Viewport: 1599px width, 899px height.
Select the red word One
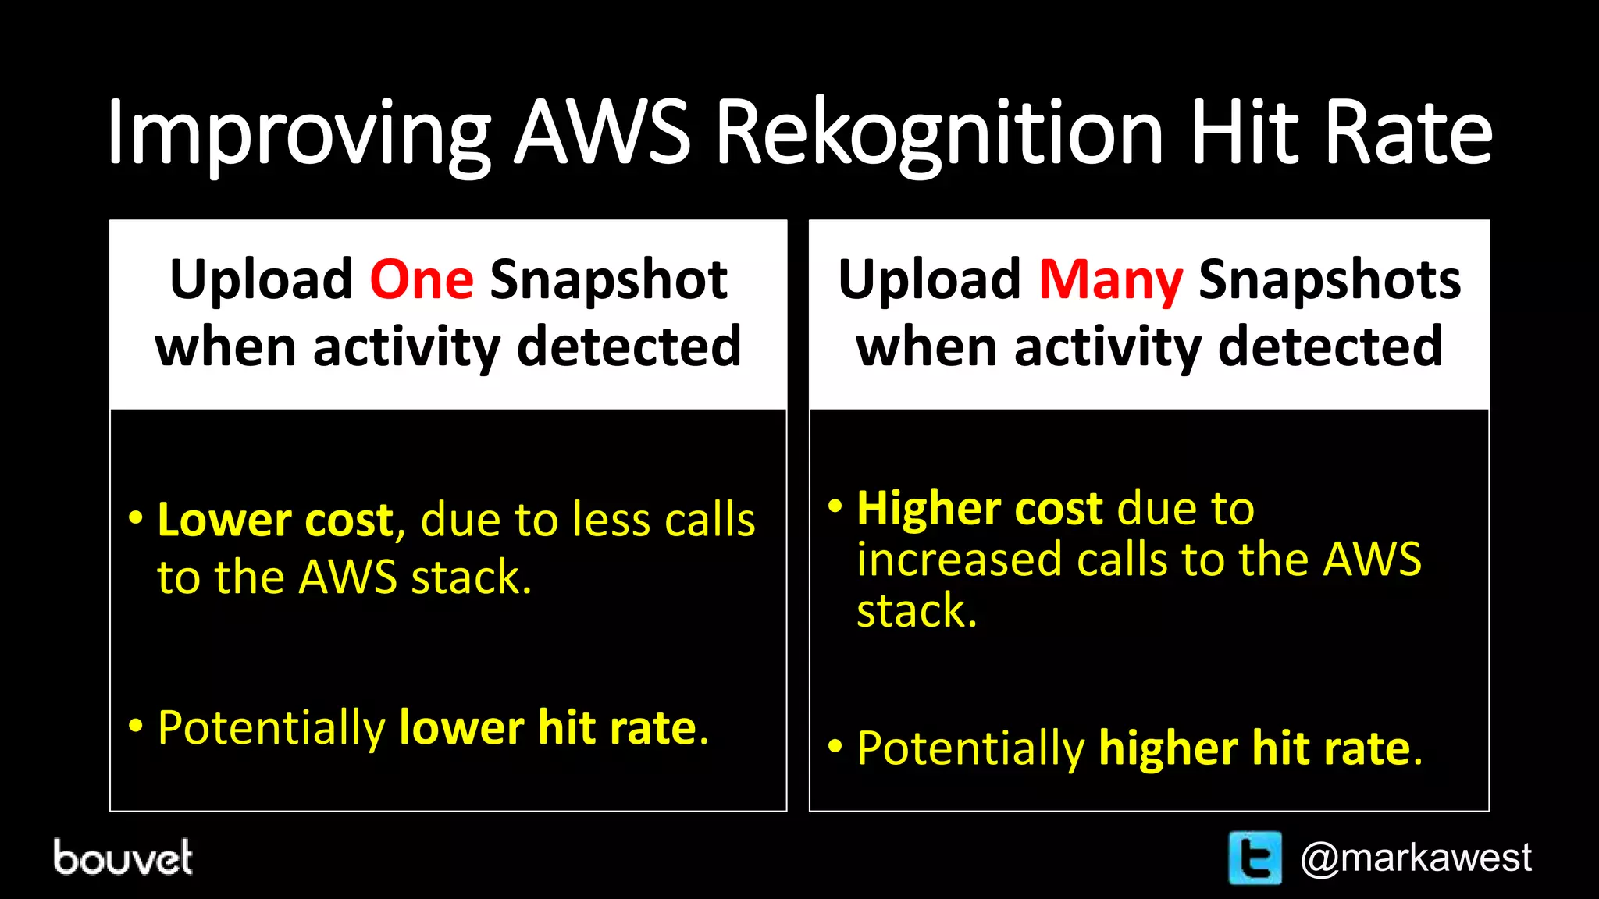(x=422, y=279)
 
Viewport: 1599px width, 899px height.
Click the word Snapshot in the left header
(x=608, y=279)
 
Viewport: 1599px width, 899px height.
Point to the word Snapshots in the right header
(x=1329, y=279)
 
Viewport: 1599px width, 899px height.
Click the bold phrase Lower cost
(x=276, y=520)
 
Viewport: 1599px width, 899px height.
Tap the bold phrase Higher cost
(x=980, y=509)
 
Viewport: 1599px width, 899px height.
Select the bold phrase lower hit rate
(x=547, y=727)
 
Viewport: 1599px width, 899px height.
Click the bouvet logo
(x=123, y=858)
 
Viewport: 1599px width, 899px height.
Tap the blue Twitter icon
(x=1255, y=858)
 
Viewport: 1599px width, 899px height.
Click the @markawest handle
(x=1416, y=858)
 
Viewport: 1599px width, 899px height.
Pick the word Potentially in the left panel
(x=272, y=727)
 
